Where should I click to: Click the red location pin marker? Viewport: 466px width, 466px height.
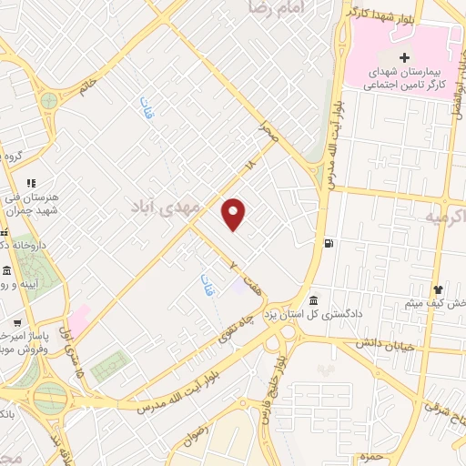pyautogui.click(x=235, y=214)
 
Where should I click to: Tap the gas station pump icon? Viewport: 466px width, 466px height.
pyautogui.click(x=328, y=243)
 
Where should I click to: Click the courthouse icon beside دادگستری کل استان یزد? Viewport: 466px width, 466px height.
pyautogui.click(x=313, y=301)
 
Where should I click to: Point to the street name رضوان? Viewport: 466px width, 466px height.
pyautogui.click(x=202, y=430)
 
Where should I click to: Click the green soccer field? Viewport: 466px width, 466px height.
pyautogui.click(x=109, y=366)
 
